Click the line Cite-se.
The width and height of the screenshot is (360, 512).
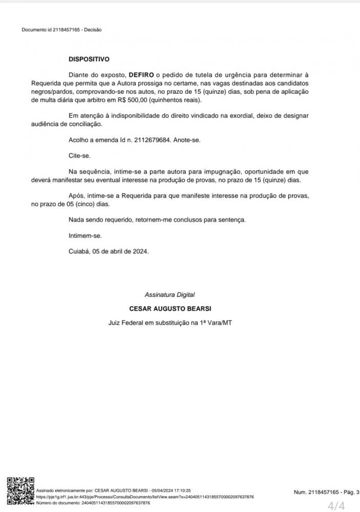click(79, 156)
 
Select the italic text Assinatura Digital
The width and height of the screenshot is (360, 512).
click(170, 295)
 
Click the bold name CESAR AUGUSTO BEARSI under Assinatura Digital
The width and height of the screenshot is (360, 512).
click(170, 309)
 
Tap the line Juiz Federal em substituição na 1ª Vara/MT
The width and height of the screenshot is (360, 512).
click(170, 323)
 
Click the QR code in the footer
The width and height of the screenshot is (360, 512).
click(19, 491)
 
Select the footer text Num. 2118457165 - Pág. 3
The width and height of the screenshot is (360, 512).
click(326, 492)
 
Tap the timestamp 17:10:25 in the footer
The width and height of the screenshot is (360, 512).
click(180, 490)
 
